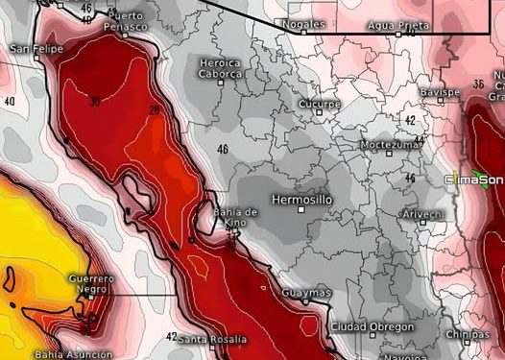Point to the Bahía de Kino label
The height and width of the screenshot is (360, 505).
point(236,216)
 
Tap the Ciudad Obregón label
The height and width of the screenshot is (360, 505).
point(372,327)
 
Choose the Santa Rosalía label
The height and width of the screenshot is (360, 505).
point(212,339)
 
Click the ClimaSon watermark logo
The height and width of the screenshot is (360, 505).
point(476,179)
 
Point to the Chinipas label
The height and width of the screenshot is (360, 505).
point(468,334)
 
